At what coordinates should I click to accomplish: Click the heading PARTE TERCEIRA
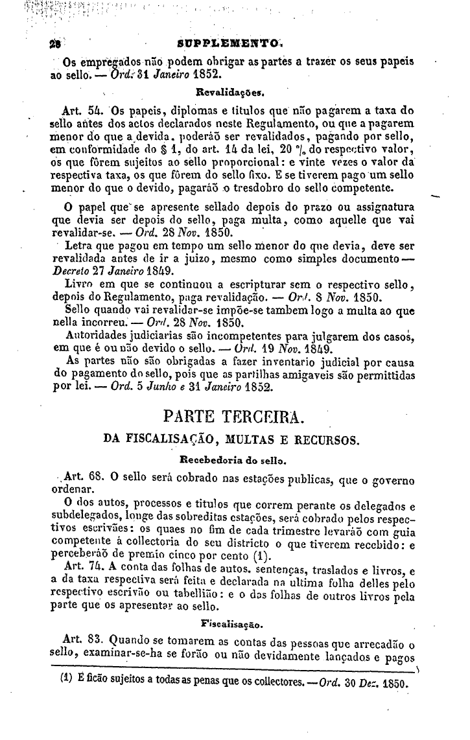(x=238, y=415)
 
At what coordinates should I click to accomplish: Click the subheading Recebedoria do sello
(x=237, y=461)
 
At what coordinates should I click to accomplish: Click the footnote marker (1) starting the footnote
(x=65, y=683)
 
